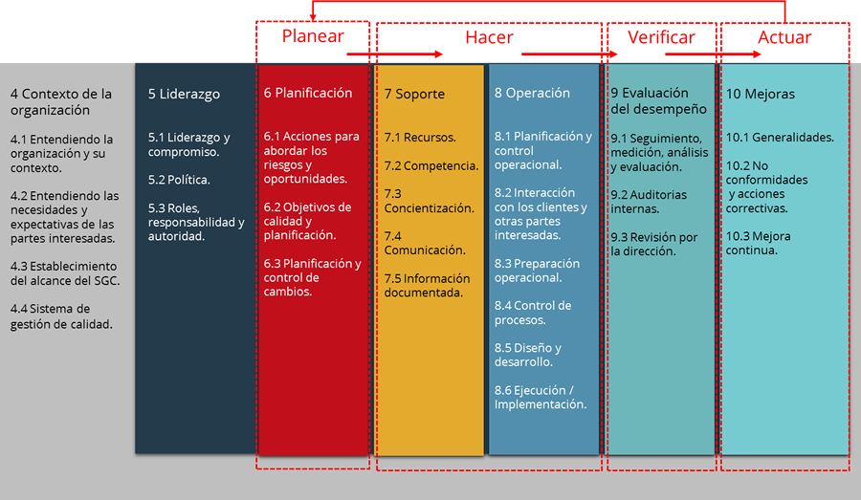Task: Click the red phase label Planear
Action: pos(313,36)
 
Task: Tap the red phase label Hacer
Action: pos(489,37)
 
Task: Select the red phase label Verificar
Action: pos(661,37)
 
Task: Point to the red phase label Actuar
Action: pos(784,37)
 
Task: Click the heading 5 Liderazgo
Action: pos(184,94)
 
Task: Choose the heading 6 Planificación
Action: pos(308,93)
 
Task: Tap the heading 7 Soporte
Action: pos(414,94)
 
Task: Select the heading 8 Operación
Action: pos(532,93)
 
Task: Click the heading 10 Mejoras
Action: pos(761,94)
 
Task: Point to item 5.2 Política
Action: pos(179,180)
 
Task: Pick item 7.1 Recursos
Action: pos(420,138)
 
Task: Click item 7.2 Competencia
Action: pos(431,165)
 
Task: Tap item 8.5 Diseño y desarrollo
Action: pos(528,355)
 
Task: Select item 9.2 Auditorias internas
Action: pos(649,202)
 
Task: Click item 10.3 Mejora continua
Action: pos(759,243)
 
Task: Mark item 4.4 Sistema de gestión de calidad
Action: pos(61,316)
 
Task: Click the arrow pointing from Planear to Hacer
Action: pos(394,54)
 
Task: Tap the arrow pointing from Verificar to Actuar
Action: pos(713,54)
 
